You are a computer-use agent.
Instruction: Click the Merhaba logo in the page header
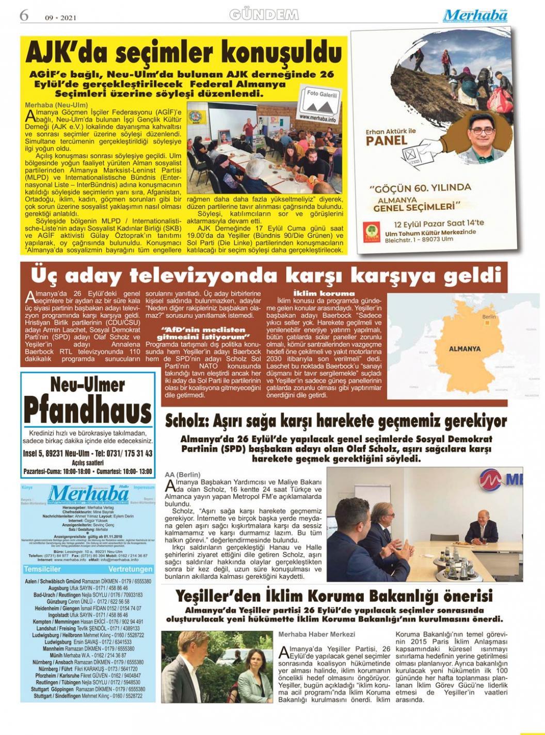click(475, 15)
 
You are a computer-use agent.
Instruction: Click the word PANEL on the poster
click(387, 141)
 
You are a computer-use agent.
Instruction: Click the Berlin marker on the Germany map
click(486, 323)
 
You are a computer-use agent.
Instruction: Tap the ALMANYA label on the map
click(464, 348)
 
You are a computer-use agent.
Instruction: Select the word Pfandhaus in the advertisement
click(88, 411)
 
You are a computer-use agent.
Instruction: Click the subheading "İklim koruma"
click(324, 293)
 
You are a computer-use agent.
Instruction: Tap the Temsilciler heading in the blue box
click(42, 569)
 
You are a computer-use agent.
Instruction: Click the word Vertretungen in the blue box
click(131, 569)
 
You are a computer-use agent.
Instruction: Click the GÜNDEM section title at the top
click(264, 15)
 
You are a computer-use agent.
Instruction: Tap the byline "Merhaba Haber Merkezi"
click(316, 634)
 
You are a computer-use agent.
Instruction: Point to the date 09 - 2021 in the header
click(61, 18)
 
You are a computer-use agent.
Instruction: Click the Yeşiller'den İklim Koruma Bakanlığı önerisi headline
click(334, 596)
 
